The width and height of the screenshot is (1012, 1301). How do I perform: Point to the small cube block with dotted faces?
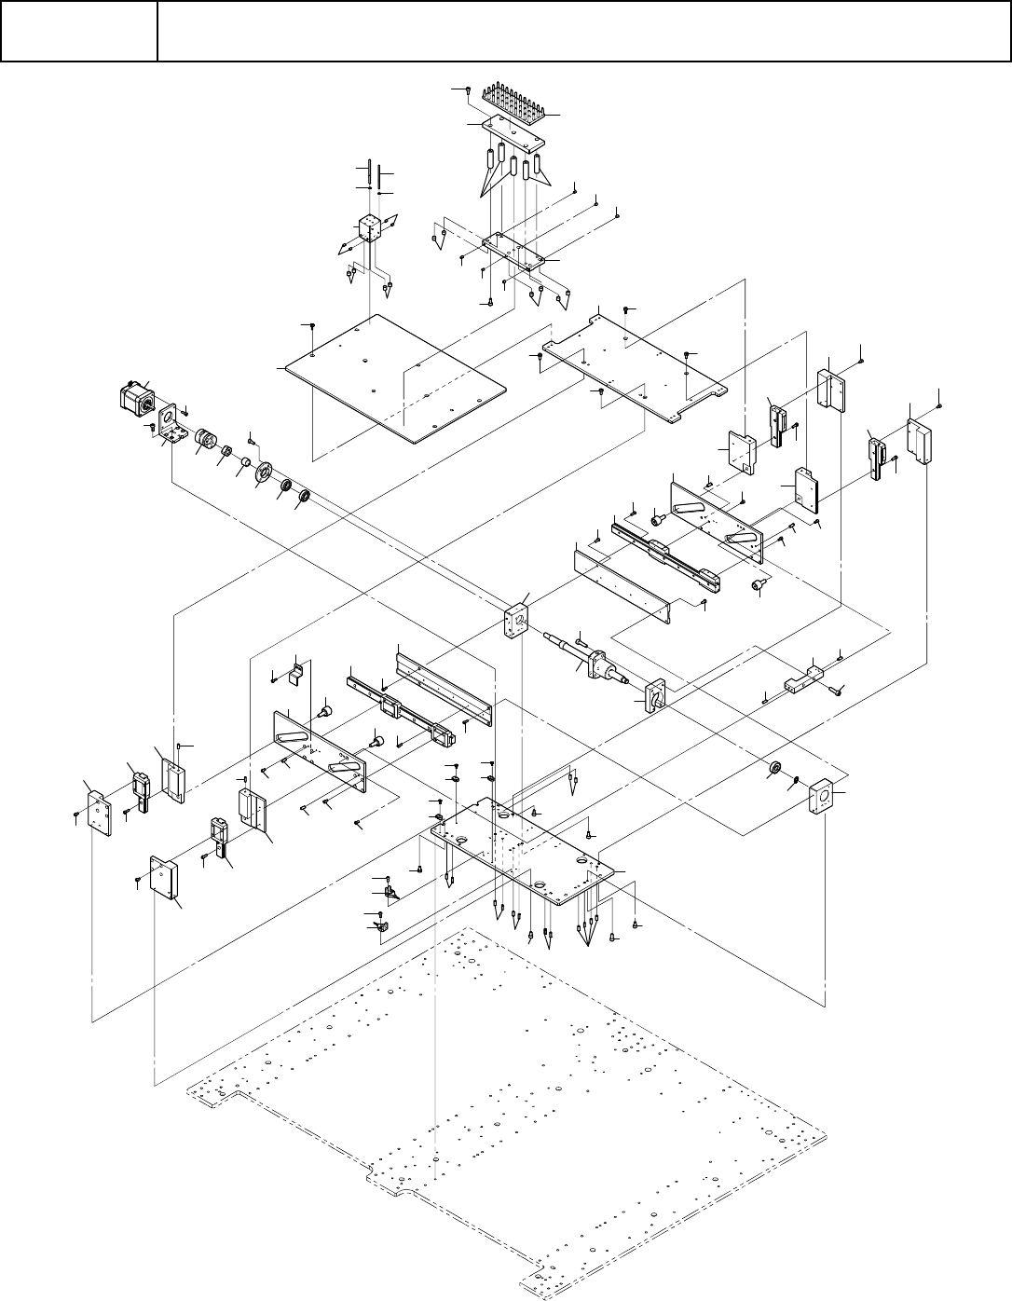pyautogui.click(x=370, y=229)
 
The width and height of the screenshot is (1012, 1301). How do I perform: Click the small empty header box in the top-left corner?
pyautogui.click(x=78, y=31)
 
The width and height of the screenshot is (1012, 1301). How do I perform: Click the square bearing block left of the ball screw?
pyautogui.click(x=513, y=620)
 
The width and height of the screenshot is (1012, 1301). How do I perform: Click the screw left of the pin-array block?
pyautogui.click(x=466, y=89)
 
